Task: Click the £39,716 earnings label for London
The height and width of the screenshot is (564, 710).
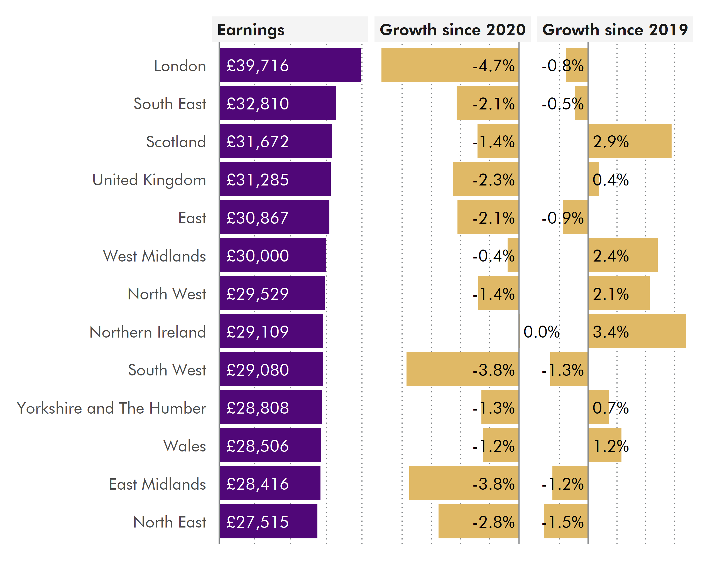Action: click(258, 65)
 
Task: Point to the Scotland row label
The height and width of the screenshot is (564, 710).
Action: click(176, 142)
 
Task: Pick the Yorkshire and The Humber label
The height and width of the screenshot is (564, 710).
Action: click(111, 408)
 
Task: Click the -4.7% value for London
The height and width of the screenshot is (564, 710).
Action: click(493, 65)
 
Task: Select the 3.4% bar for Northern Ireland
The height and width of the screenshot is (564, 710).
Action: click(637, 331)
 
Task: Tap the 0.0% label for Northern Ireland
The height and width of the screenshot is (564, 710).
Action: click(541, 332)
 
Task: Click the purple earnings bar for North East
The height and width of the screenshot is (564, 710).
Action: click(268, 521)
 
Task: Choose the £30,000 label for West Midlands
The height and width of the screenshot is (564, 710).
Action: click(258, 256)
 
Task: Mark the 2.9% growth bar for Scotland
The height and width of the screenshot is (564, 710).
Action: click(630, 141)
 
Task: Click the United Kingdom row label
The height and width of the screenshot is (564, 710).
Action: click(149, 180)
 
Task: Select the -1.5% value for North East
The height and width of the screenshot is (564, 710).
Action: click(563, 522)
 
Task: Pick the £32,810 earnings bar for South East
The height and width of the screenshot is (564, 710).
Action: click(278, 103)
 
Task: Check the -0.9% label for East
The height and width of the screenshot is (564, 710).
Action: click(563, 218)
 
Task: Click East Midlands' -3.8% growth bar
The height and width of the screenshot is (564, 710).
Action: click(464, 483)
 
